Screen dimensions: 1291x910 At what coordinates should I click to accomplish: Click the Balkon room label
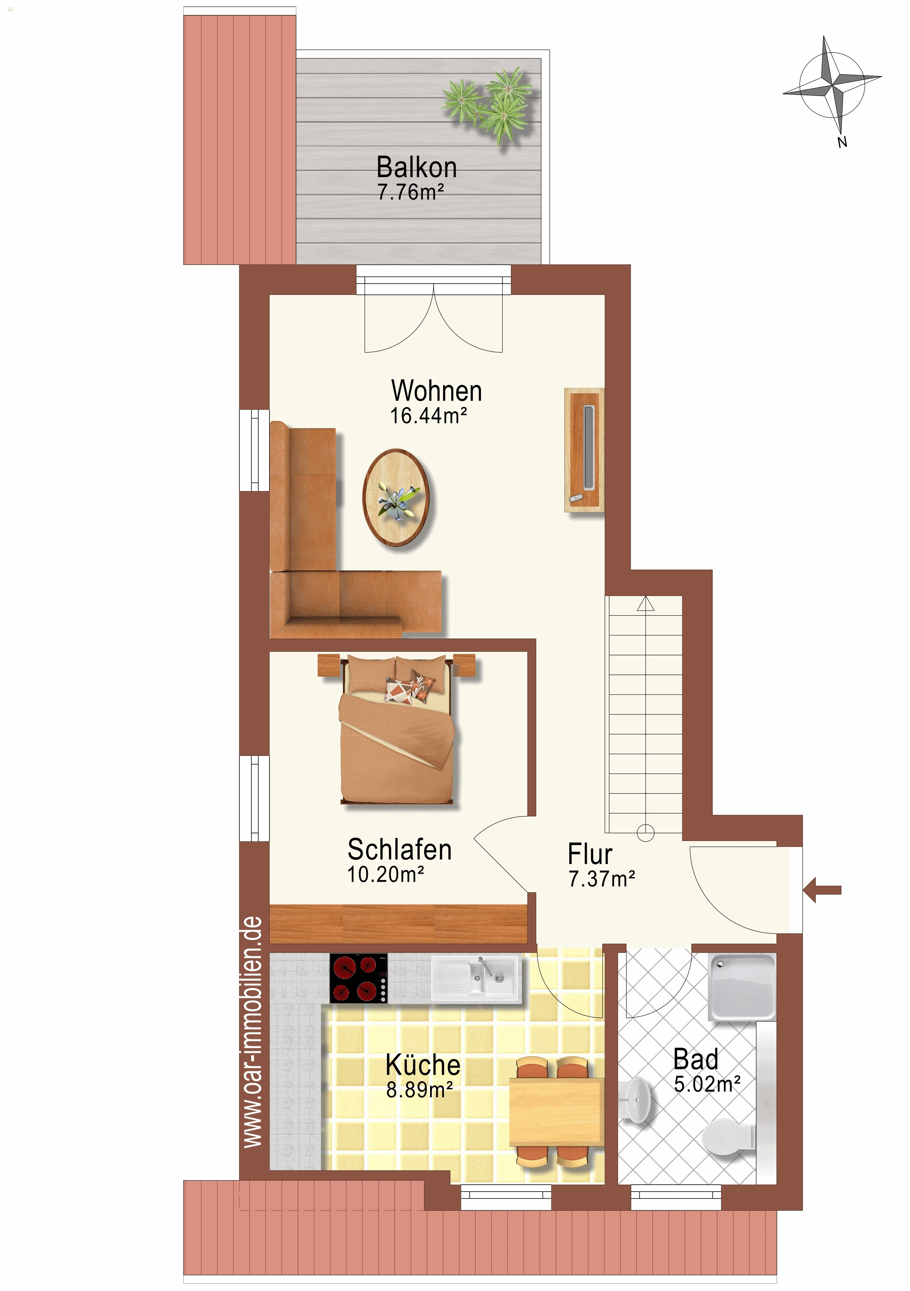(x=416, y=168)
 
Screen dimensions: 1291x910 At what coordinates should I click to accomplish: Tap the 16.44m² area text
(x=428, y=416)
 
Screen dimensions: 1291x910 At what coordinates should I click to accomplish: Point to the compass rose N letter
(x=842, y=142)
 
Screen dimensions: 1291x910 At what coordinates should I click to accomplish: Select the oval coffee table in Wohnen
(x=397, y=497)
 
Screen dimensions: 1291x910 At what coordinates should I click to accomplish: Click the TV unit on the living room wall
(x=584, y=450)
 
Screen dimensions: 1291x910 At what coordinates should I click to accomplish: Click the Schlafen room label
(x=399, y=850)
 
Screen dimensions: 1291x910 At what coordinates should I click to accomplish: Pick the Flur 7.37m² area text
(x=602, y=879)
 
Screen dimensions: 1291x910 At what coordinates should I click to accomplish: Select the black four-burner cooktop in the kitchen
(x=359, y=979)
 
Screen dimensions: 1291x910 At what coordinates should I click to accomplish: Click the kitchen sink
(x=476, y=979)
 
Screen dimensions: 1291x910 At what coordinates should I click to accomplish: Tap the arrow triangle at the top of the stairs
(x=646, y=604)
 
